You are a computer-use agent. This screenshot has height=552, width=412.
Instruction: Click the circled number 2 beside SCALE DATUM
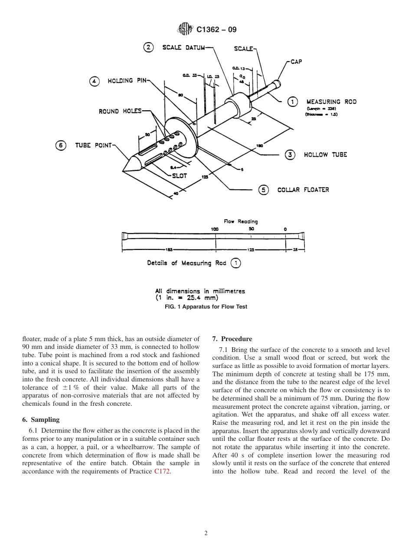tap(148, 48)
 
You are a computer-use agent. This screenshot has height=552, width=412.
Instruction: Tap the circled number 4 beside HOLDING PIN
tap(95, 81)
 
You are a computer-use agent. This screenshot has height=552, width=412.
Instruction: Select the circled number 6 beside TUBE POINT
tap(60, 145)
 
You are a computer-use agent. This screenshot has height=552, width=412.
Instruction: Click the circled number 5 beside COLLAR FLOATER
tap(263, 190)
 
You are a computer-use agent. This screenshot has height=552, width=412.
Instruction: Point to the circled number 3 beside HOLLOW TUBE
tap(290, 154)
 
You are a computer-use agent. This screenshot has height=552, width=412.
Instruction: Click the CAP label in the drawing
tap(296, 62)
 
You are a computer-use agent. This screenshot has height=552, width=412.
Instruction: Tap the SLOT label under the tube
tap(179, 176)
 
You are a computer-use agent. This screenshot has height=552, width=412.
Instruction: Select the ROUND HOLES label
tap(120, 112)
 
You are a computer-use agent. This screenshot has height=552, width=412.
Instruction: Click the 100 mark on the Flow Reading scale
tap(215, 229)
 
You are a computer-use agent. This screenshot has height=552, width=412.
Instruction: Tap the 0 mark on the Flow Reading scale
tap(285, 229)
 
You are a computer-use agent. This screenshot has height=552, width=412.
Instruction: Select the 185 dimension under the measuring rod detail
tap(169, 250)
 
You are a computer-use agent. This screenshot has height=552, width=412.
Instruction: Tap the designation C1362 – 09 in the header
tap(216, 30)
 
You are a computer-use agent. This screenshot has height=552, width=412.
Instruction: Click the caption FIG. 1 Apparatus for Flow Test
tap(206, 306)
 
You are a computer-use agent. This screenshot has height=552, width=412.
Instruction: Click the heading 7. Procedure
tap(232, 339)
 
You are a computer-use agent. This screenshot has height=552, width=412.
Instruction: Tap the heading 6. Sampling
tap(41, 420)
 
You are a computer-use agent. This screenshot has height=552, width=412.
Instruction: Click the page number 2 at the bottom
tap(206, 533)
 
